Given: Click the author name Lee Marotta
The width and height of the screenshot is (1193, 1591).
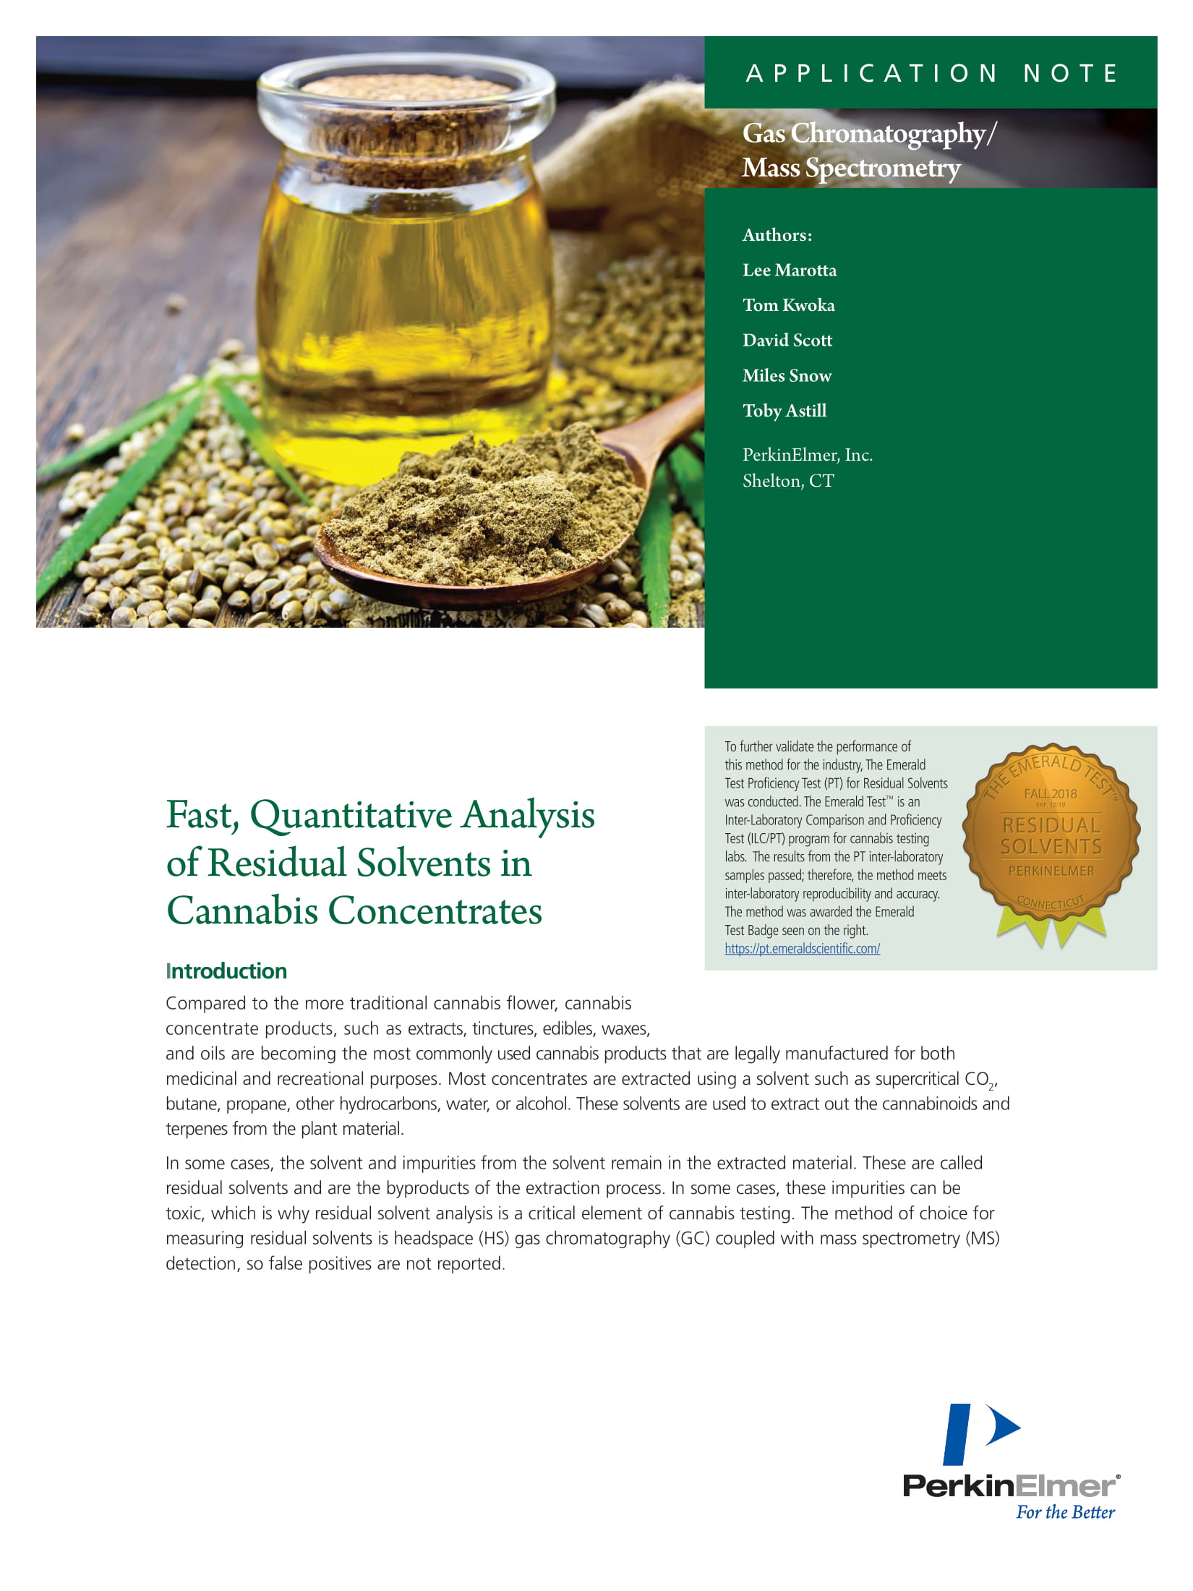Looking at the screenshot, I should pyautogui.click(x=789, y=270).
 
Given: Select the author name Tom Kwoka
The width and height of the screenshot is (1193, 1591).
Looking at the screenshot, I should pyautogui.click(x=788, y=305).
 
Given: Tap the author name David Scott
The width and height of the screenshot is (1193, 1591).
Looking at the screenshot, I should pyautogui.click(x=787, y=340).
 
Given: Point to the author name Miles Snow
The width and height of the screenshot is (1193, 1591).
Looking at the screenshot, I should pyautogui.click(x=787, y=375).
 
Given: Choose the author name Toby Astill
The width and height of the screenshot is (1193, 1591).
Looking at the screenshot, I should pyautogui.click(x=784, y=411).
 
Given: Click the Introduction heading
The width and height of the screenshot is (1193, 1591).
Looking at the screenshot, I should pyautogui.click(x=226, y=971).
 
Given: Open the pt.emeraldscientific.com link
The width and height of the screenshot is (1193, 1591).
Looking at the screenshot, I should pyautogui.click(x=802, y=949).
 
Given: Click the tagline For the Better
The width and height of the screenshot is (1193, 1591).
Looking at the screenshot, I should pyautogui.click(x=1065, y=1512).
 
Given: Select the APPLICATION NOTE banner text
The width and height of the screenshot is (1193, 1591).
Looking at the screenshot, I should pyautogui.click(x=932, y=73).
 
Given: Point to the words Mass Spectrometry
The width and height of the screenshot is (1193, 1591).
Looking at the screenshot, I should pyautogui.click(x=851, y=168).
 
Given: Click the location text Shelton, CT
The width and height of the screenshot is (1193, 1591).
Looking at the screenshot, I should pyautogui.click(x=788, y=481).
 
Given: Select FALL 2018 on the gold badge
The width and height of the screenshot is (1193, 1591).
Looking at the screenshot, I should pyautogui.click(x=1050, y=793).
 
